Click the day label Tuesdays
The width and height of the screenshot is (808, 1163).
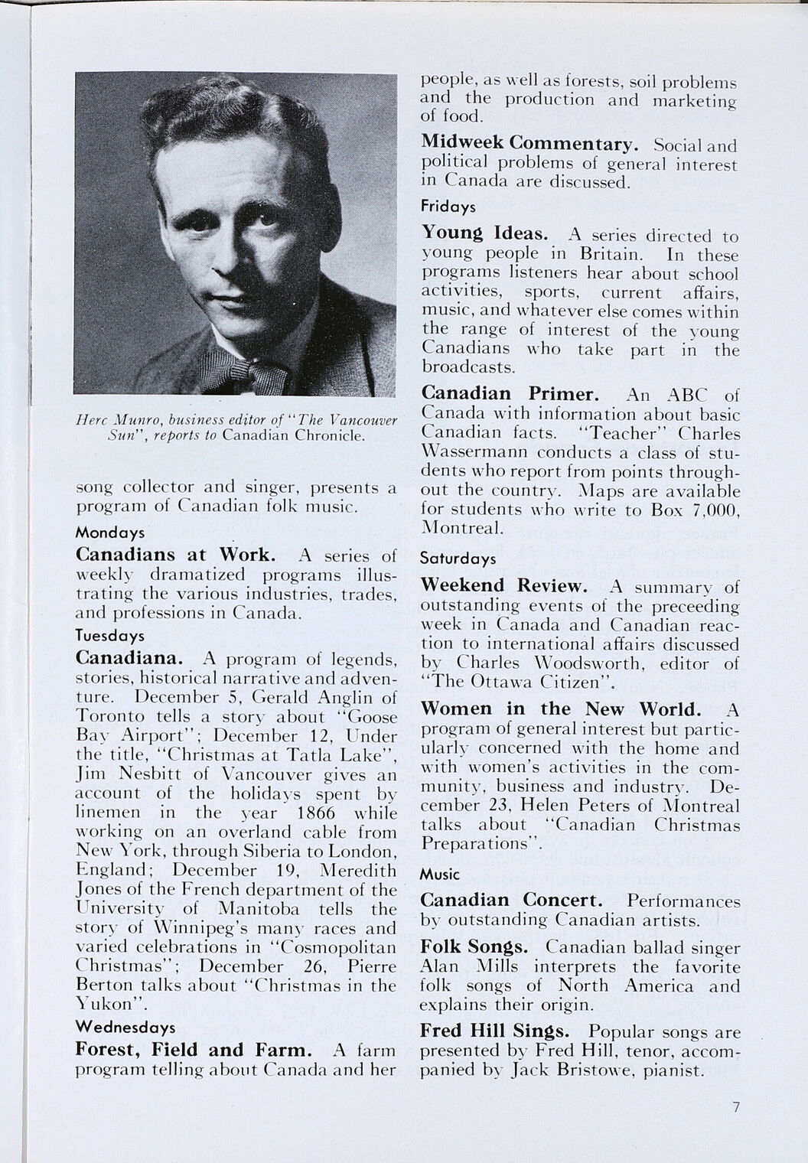[x=110, y=636]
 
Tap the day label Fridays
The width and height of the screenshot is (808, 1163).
[x=448, y=207]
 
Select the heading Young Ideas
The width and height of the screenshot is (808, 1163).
[x=484, y=233]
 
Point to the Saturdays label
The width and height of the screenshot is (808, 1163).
[x=458, y=559]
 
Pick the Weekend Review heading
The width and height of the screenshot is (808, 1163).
[x=504, y=586]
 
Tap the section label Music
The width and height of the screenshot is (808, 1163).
[x=440, y=874]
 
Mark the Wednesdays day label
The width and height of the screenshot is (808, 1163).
[x=125, y=1027]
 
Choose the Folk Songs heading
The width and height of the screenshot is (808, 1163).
[x=474, y=947]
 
